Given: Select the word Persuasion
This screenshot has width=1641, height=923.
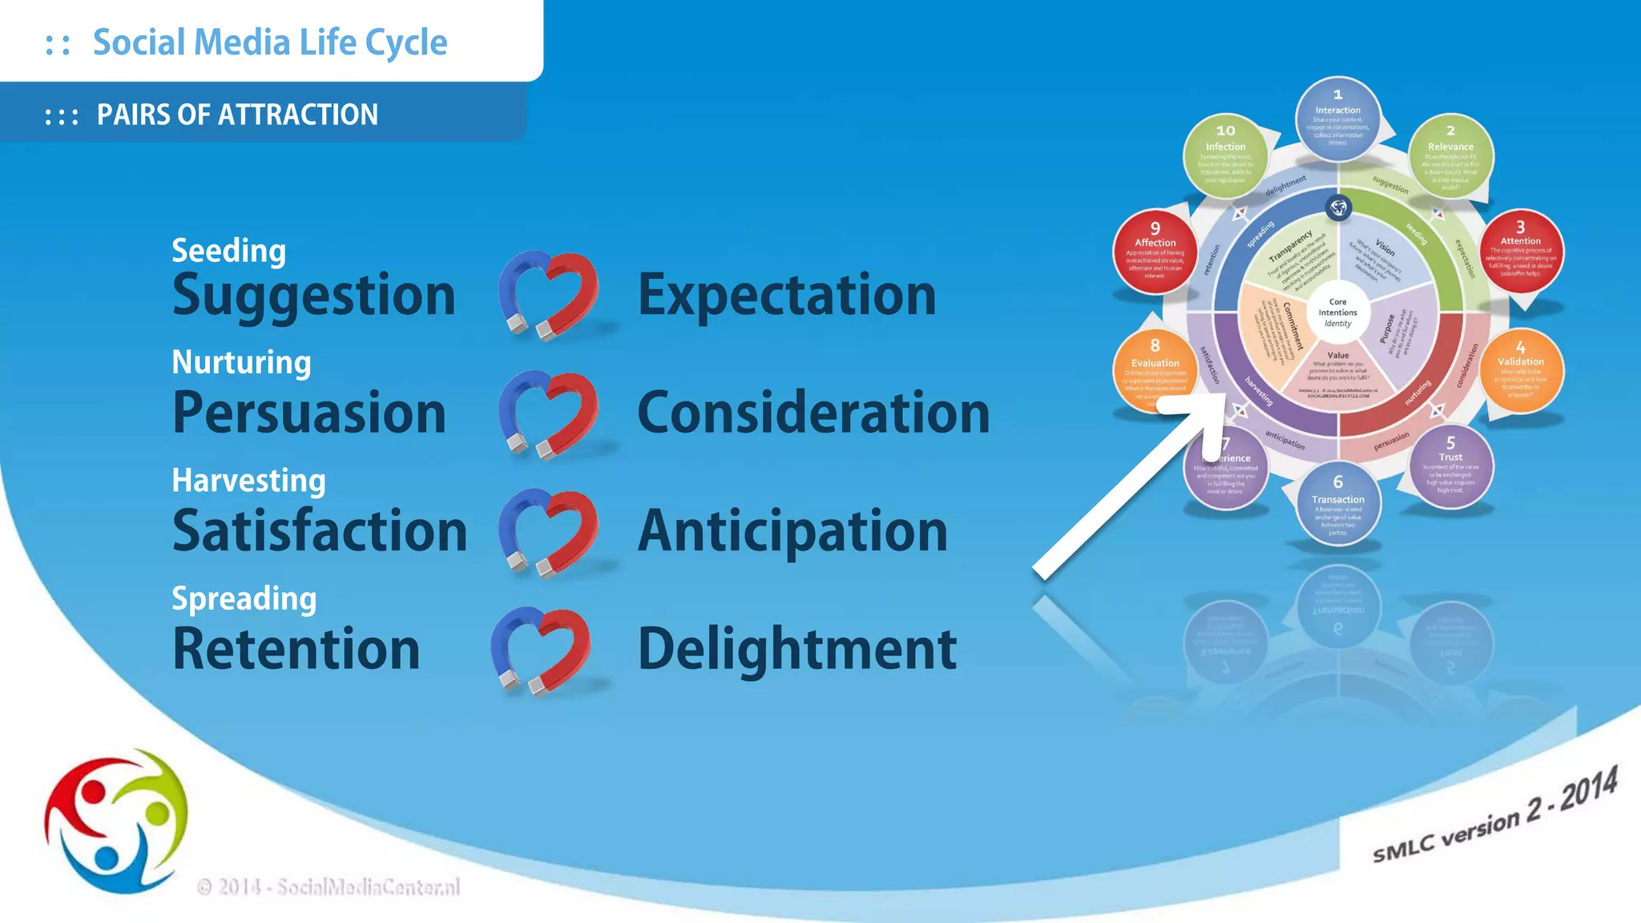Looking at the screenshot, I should pyautogui.click(x=308, y=413).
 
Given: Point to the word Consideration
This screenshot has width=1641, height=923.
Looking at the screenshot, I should pyautogui.click(x=812, y=413).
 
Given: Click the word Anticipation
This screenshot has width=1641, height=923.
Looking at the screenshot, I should pyautogui.click(x=792, y=532).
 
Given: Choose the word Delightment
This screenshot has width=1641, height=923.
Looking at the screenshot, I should pyautogui.click(x=796, y=649).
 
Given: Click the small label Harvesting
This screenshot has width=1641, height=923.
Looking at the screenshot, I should pyautogui.click(x=248, y=481).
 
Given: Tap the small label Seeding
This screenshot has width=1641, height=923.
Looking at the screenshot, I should pyautogui.click(x=228, y=251).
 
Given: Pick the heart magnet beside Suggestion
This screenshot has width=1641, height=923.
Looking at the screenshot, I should pyautogui.click(x=548, y=293).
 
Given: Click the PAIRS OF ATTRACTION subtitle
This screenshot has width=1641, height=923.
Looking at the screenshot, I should pyautogui.click(x=237, y=115).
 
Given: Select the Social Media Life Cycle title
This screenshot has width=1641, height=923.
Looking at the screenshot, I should pyautogui.click(x=270, y=42).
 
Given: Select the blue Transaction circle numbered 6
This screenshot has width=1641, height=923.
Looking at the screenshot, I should pyautogui.click(x=1337, y=503).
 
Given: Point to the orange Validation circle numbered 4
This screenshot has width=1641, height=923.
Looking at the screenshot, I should pyautogui.click(x=1520, y=370).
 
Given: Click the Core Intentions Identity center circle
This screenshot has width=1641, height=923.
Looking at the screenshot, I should pyautogui.click(x=1337, y=312).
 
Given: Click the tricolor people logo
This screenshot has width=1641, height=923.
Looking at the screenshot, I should pyautogui.click(x=116, y=821).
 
